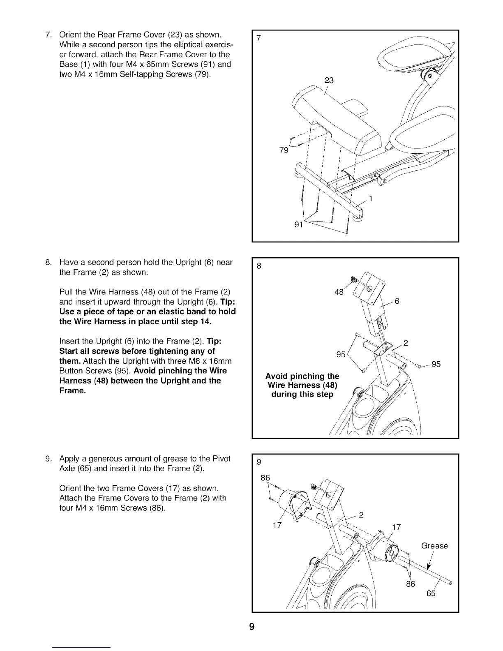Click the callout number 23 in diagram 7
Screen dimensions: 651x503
[x=329, y=81]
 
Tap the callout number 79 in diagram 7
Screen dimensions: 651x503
[x=284, y=150]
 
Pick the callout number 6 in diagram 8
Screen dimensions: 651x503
[x=397, y=301]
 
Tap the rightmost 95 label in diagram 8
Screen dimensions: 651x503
[x=436, y=364]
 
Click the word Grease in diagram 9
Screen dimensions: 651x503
[x=434, y=546]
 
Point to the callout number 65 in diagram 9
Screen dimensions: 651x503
[x=431, y=593]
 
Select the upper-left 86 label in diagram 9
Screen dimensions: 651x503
[x=265, y=478]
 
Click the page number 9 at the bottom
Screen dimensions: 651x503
[x=251, y=627]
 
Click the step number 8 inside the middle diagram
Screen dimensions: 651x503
[x=258, y=266]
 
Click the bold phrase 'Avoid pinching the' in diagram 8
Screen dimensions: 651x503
[x=302, y=376]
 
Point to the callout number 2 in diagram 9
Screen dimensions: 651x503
[x=362, y=514]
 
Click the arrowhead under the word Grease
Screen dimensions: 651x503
[x=429, y=567]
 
